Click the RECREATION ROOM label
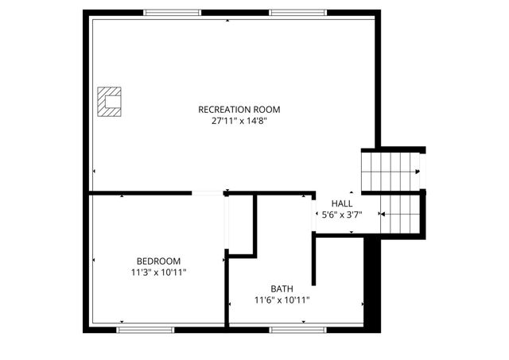(x=239, y=109)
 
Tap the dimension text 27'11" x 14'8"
(x=239, y=122)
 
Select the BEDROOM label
(x=158, y=261)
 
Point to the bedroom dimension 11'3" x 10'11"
(x=158, y=273)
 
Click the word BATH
(x=282, y=288)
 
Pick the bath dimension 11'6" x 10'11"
(x=282, y=300)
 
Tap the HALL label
(x=342, y=203)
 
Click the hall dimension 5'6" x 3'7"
(x=342, y=215)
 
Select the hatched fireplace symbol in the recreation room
(x=108, y=102)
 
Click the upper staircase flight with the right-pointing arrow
(x=390, y=171)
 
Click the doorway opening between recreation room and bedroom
(x=208, y=192)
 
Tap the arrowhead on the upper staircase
(x=418, y=171)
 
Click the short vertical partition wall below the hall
(x=314, y=258)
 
